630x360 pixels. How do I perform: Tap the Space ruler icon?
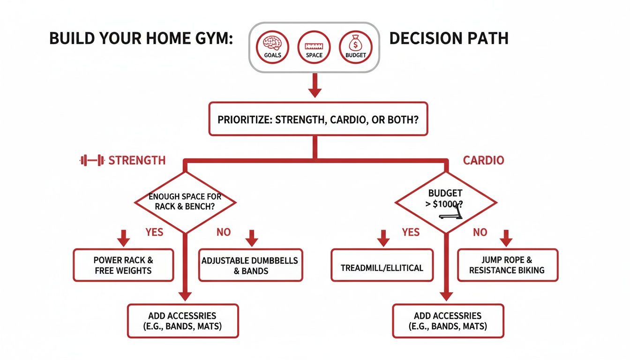(314, 45)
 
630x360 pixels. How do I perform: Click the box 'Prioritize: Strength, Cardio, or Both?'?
(318, 119)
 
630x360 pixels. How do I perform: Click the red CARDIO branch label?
(483, 161)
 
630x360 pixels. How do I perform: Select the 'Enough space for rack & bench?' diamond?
(186, 202)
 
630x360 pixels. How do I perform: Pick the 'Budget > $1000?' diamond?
(445, 202)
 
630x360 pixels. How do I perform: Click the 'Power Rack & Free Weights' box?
(123, 265)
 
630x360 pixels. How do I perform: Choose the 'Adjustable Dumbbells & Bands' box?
(250, 265)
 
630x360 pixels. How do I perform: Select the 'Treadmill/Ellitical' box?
(382, 268)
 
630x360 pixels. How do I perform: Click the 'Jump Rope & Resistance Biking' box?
(507, 265)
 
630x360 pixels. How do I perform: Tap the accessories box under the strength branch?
(183, 321)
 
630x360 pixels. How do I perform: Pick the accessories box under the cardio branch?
(448, 321)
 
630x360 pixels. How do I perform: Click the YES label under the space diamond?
(154, 232)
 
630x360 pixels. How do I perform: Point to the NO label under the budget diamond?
(480, 232)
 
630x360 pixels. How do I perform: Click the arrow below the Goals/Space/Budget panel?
(315, 86)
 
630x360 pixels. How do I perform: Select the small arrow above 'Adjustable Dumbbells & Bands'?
(252, 238)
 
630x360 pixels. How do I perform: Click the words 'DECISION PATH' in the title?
(449, 38)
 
